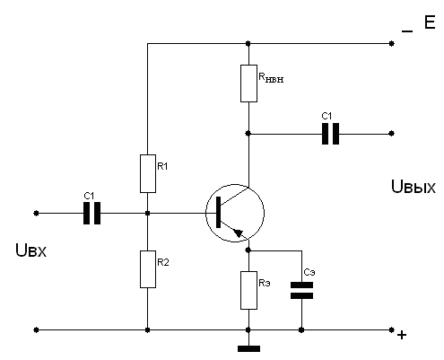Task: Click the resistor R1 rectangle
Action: point(148,173)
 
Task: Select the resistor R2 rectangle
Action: point(148,269)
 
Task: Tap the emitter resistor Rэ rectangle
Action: point(248,290)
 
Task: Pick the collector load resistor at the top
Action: point(248,83)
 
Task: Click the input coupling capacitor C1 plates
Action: point(91,213)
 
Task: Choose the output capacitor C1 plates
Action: point(330,134)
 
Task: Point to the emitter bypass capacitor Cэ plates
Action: point(301,290)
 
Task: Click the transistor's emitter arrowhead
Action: point(239,233)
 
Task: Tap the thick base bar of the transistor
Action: point(218,212)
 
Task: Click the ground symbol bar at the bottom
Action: point(248,348)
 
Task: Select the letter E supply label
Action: point(430,22)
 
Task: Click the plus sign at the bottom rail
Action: point(402,335)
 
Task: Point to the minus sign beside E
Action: point(407,31)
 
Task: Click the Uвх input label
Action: point(30,250)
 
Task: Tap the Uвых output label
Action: point(414,187)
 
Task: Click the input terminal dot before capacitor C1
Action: point(36,213)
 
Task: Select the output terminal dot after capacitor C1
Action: point(392,134)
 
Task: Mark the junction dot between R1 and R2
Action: point(147,213)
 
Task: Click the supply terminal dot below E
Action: point(392,44)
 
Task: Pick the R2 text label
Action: point(163,262)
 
